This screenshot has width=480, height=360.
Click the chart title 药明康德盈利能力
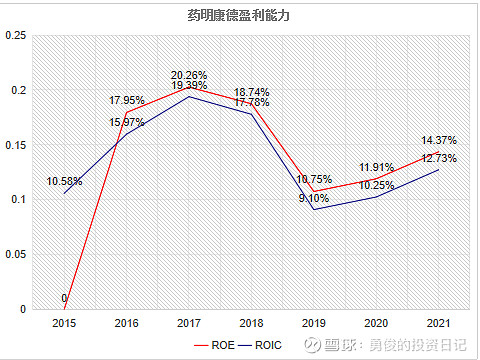(240, 15)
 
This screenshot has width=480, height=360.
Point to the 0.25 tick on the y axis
(15, 35)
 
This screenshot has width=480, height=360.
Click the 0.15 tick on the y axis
(15, 145)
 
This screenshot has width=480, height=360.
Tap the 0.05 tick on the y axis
(15, 254)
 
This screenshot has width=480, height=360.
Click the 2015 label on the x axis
(64, 323)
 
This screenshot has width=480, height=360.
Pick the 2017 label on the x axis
(189, 323)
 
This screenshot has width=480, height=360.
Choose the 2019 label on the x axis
(315, 323)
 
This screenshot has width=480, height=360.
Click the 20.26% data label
(189, 75)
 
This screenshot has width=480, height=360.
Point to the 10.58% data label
(64, 181)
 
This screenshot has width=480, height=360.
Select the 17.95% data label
(127, 100)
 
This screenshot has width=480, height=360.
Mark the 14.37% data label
(440, 140)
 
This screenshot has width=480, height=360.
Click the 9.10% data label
(313, 198)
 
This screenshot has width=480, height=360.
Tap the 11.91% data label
(377, 167)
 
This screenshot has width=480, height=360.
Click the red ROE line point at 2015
(64, 309)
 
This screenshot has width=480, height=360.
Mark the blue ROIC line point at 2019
(315, 209)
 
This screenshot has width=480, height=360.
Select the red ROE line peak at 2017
(189, 87)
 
